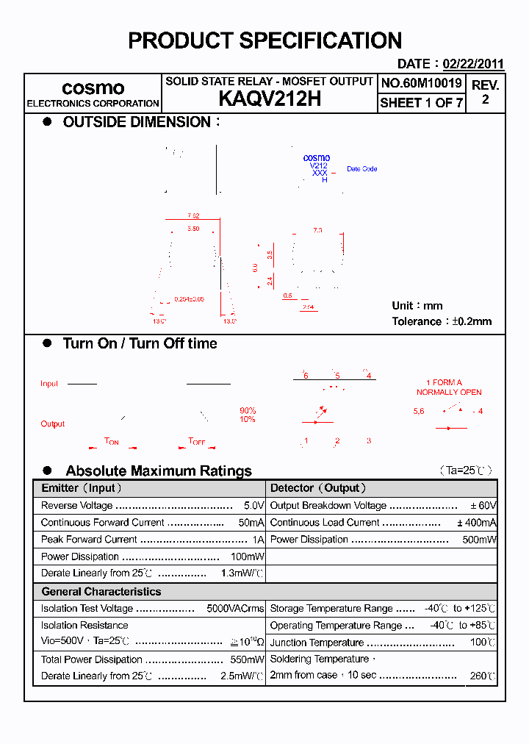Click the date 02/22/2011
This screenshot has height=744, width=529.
pyautogui.click(x=473, y=64)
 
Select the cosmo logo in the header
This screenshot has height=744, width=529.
pyautogui.click(x=93, y=87)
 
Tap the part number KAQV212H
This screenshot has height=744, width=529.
pyautogui.click(x=269, y=99)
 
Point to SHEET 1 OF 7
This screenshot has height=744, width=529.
pyautogui.click(x=421, y=103)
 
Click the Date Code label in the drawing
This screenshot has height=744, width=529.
pyautogui.click(x=361, y=169)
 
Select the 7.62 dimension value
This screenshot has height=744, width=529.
pyautogui.click(x=193, y=215)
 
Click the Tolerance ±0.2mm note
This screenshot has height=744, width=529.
pyautogui.click(x=442, y=321)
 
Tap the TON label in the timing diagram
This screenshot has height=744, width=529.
pyautogui.click(x=112, y=441)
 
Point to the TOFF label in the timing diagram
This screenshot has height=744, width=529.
pyautogui.click(x=197, y=441)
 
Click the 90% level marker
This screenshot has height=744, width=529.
pyautogui.click(x=248, y=410)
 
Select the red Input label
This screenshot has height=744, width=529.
pyautogui.click(x=49, y=384)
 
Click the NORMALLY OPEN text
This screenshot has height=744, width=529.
pyautogui.click(x=449, y=392)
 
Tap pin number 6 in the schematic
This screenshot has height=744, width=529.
pyautogui.click(x=306, y=376)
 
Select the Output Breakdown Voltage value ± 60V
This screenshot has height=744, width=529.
pyautogui.click(x=483, y=506)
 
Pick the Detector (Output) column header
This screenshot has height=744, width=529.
pyautogui.click(x=318, y=488)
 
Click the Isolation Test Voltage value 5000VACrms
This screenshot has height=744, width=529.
pyautogui.click(x=235, y=609)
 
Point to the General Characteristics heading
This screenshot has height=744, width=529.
pyautogui.click(x=101, y=592)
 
